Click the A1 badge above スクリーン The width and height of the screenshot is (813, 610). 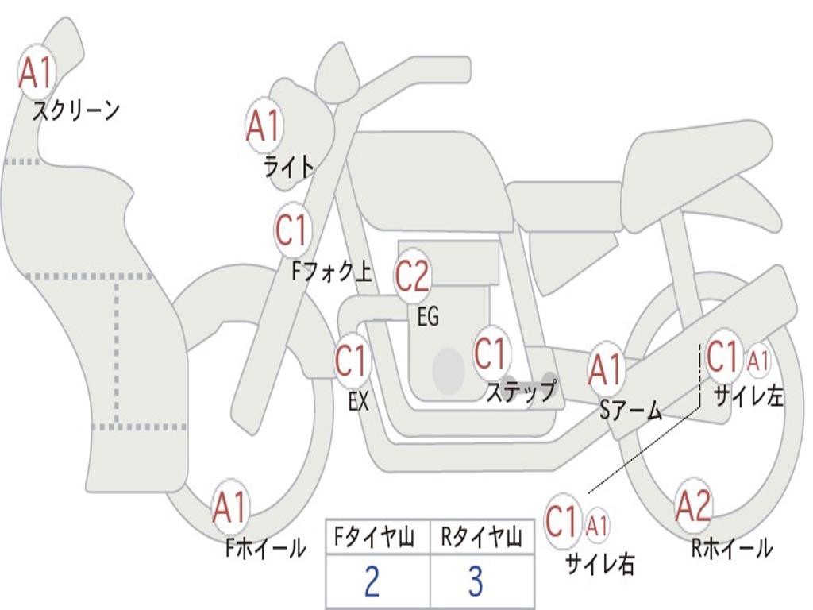click(x=36, y=72)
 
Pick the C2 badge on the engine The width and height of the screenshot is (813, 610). click(x=413, y=276)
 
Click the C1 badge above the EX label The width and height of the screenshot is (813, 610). click(x=352, y=362)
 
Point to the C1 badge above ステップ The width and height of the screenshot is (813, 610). click(x=491, y=353)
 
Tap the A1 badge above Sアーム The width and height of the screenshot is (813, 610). click(x=607, y=370)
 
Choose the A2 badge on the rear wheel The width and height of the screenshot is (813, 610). click(x=693, y=506)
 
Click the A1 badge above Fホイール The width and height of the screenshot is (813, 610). click(x=230, y=507)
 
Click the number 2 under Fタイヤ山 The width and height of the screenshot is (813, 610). click(x=371, y=582)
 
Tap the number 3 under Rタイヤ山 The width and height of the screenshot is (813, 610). click(x=476, y=582)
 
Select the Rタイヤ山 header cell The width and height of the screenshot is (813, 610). click(x=481, y=539)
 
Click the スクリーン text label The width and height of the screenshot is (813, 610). click(x=75, y=110)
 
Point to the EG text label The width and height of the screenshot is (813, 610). click(x=428, y=318)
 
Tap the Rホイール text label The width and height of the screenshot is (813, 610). click(x=731, y=548)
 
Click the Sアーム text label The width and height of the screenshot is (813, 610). click(x=630, y=411)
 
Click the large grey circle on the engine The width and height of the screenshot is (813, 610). click(x=449, y=371)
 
